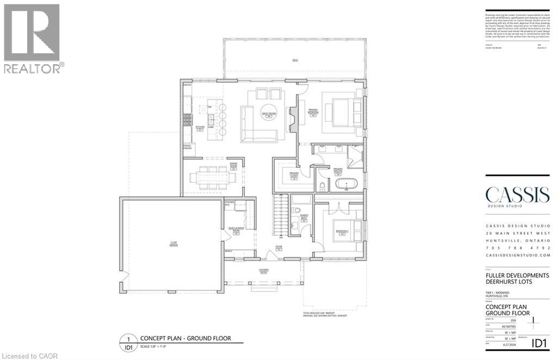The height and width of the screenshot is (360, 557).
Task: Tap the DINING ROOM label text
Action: pos(233,167)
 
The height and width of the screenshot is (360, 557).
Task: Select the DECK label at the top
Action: pos(295,60)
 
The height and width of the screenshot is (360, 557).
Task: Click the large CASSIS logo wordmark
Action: pos(517,195)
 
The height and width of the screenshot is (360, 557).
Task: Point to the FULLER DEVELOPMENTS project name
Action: pos(517,276)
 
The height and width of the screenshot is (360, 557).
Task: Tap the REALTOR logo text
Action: pos(32,68)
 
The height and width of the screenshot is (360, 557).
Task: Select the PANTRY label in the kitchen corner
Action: pos(187,85)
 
